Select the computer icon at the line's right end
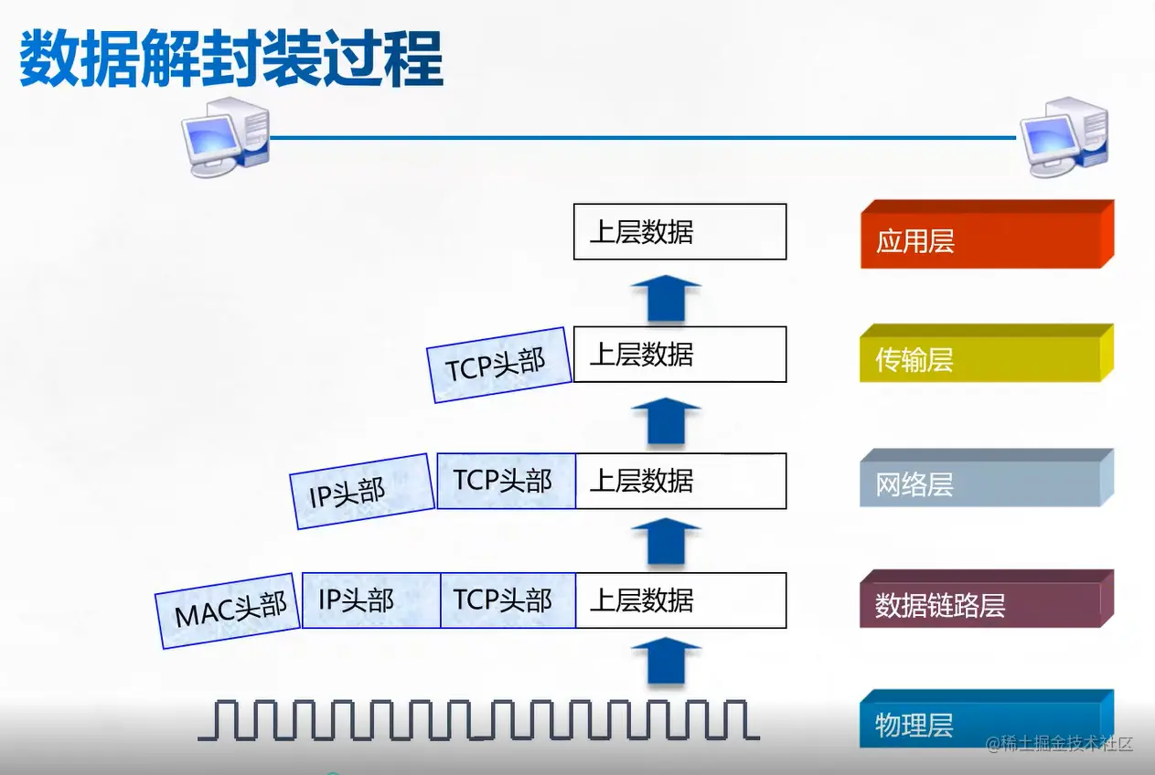[x=1064, y=137]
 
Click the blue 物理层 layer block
[x=986, y=722]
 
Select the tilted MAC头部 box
[x=230, y=610]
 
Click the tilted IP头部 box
[x=360, y=492]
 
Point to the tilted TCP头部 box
[x=497, y=365]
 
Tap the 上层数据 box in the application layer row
[x=679, y=231]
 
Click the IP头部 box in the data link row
[x=370, y=600]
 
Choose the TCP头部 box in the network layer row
[x=506, y=481]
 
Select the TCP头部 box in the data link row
[x=508, y=600]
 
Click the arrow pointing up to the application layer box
[x=666, y=298]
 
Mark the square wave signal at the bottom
[x=478, y=719]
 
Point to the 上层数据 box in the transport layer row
[x=679, y=354]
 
